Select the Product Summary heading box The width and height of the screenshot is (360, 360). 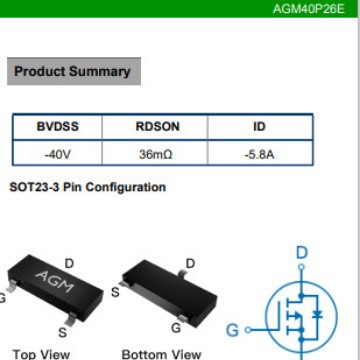72,71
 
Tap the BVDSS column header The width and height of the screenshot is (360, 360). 57,128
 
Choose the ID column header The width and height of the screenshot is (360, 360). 260,128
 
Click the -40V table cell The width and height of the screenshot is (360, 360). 57,155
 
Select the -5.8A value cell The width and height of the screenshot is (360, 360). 260,155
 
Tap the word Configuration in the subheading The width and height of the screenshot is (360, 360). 128,187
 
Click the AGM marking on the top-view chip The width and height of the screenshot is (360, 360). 47,277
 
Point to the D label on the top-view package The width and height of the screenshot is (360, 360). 69,263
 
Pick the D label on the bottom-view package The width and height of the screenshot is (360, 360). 191,264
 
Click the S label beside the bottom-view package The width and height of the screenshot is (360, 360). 116,292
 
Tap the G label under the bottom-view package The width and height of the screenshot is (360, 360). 176,328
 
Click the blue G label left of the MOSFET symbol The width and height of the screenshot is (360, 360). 233,329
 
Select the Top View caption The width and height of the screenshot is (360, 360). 41,353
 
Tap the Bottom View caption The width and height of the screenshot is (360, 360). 160,353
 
